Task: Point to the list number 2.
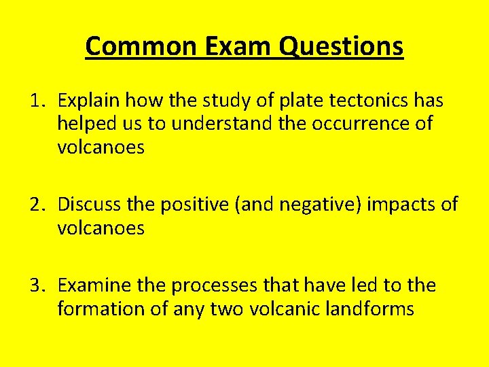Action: (x=37, y=204)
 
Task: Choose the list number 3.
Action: (x=37, y=285)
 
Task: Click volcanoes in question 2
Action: (x=101, y=228)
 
